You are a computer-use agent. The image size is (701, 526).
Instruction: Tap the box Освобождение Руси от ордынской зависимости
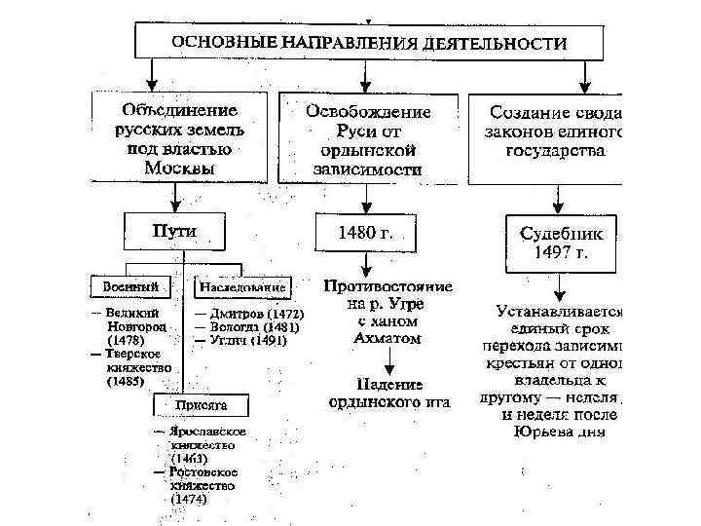(368, 136)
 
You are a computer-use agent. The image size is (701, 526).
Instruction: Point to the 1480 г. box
(364, 233)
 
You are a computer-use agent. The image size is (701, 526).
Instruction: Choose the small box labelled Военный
(129, 287)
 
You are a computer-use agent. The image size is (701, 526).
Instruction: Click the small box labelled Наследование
(242, 287)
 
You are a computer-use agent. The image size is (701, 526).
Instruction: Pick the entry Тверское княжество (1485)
(137, 368)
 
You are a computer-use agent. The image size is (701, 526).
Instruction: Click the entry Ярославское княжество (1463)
(202, 443)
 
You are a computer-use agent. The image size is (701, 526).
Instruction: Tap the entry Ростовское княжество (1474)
(202, 483)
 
